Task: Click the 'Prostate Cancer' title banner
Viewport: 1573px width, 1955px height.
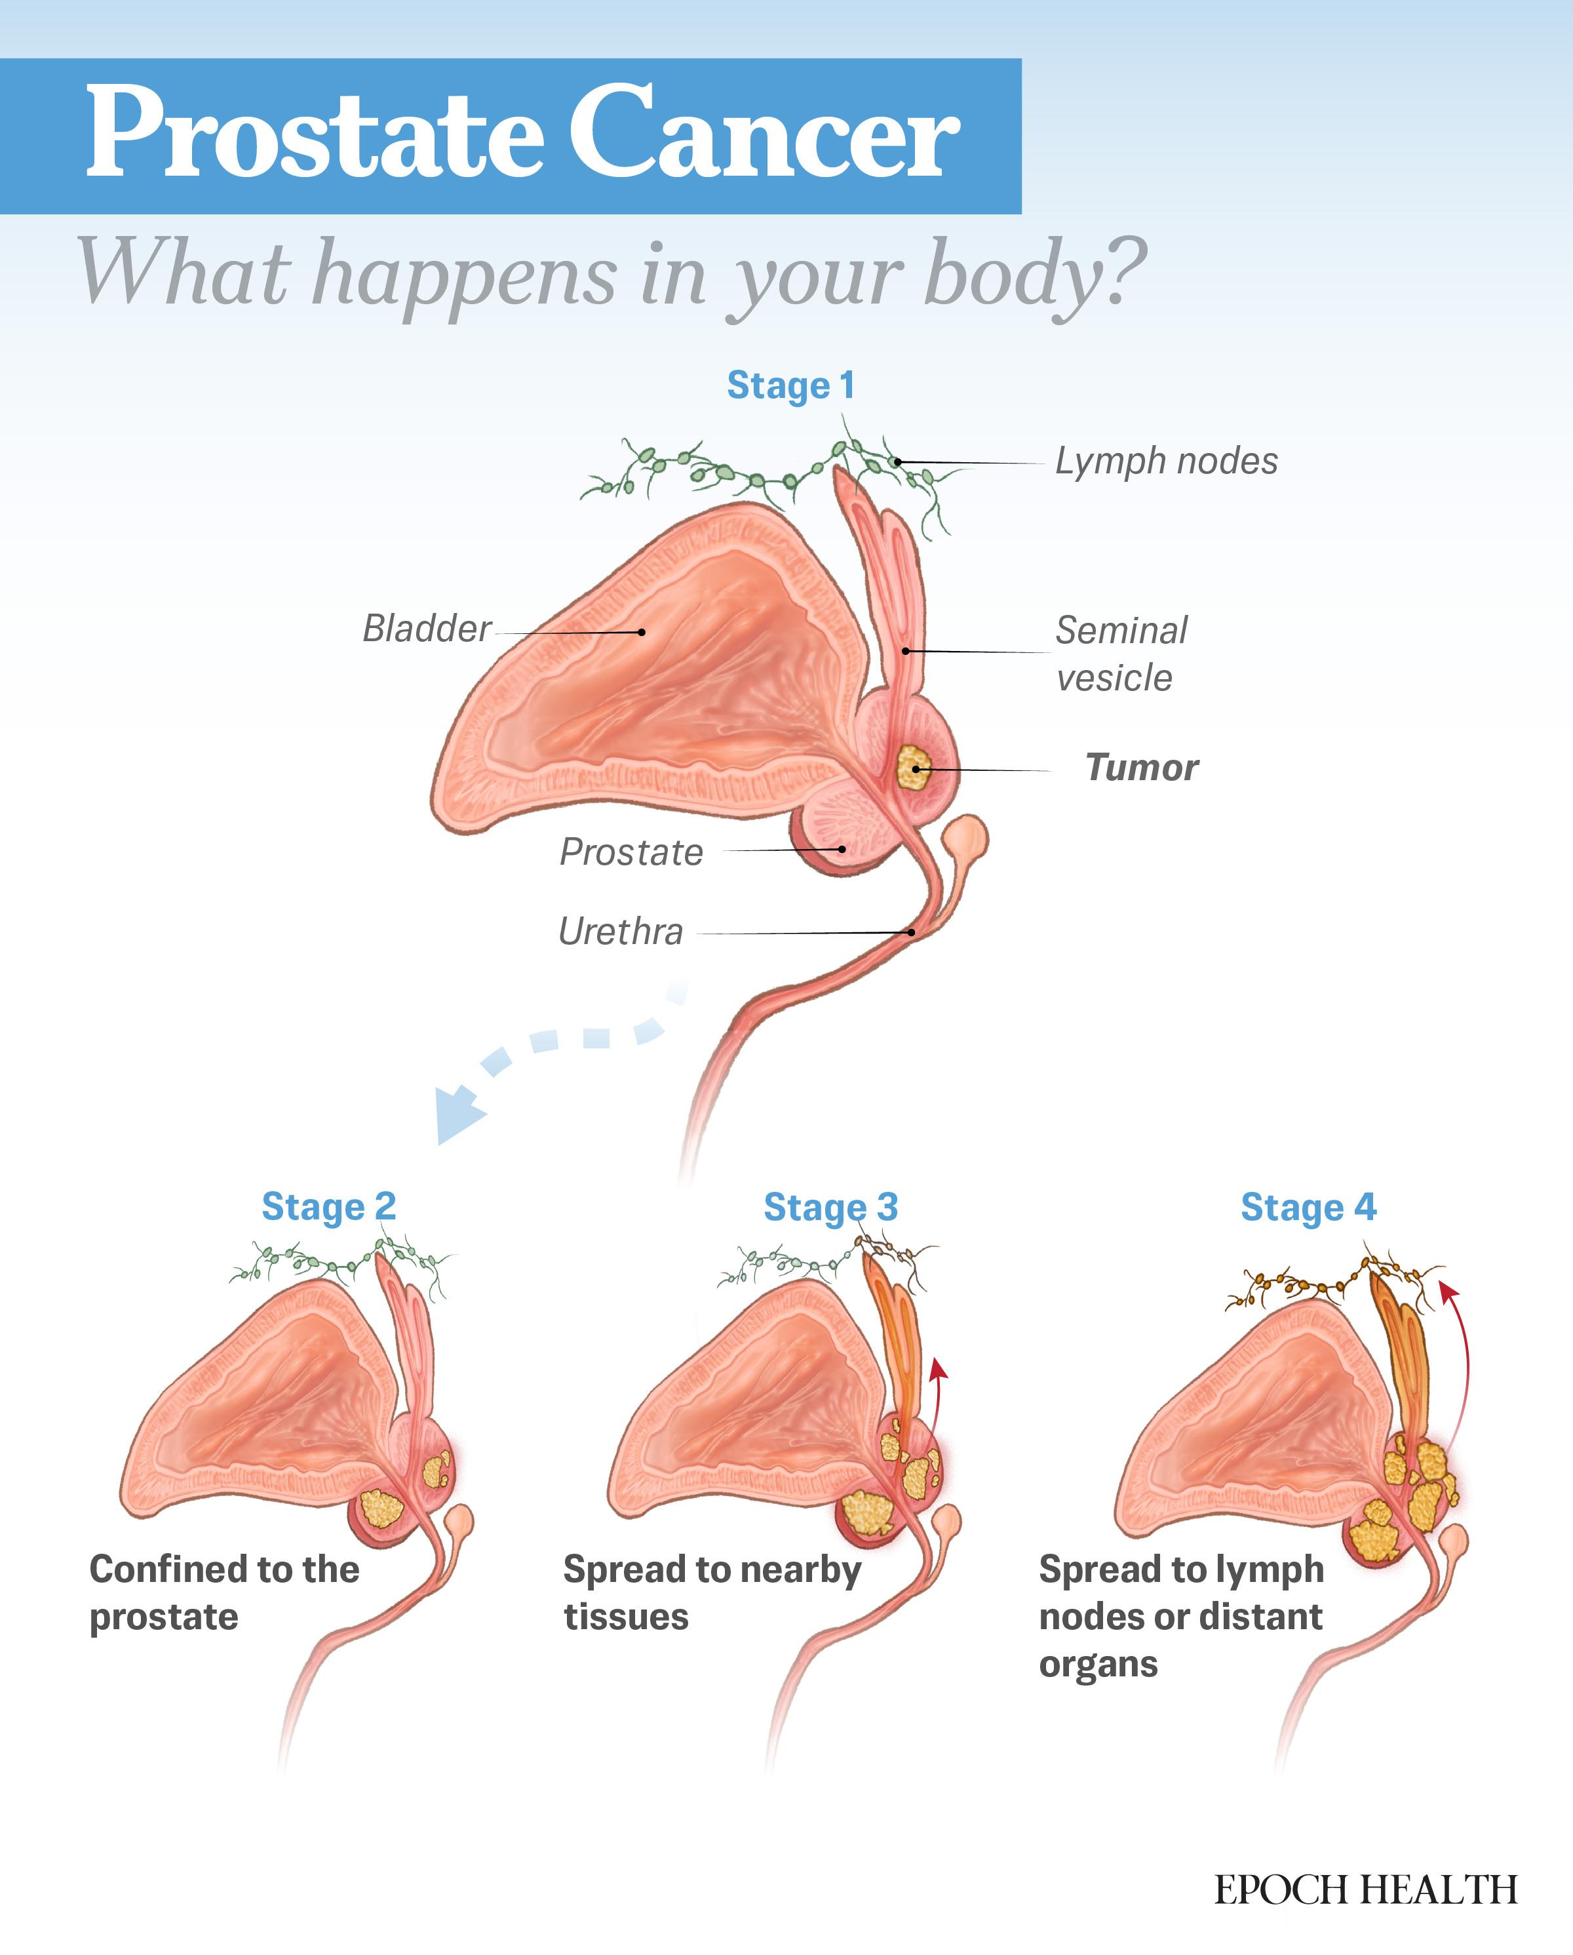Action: [511, 136]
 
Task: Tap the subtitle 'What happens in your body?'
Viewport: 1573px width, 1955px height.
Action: [612, 274]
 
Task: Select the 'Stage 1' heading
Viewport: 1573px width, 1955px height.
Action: [790, 386]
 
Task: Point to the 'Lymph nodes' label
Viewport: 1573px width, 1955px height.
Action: [1166, 462]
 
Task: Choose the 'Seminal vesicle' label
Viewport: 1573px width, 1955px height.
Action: [1121, 654]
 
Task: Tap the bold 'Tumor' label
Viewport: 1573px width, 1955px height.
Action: [1142, 768]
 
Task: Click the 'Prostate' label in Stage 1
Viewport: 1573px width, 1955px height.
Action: [631, 852]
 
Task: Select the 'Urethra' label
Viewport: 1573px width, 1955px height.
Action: [621, 931]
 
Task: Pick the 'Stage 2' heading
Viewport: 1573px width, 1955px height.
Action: [329, 1207]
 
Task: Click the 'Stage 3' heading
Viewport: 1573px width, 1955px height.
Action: [830, 1208]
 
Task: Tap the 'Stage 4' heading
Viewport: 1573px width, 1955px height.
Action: [1308, 1208]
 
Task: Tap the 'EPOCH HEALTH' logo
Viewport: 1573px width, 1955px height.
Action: [1365, 1891]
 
